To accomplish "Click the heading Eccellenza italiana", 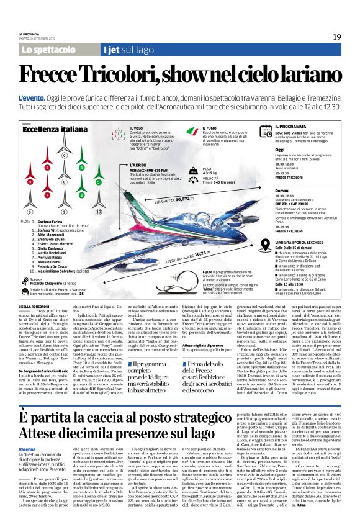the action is (x=50, y=131).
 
